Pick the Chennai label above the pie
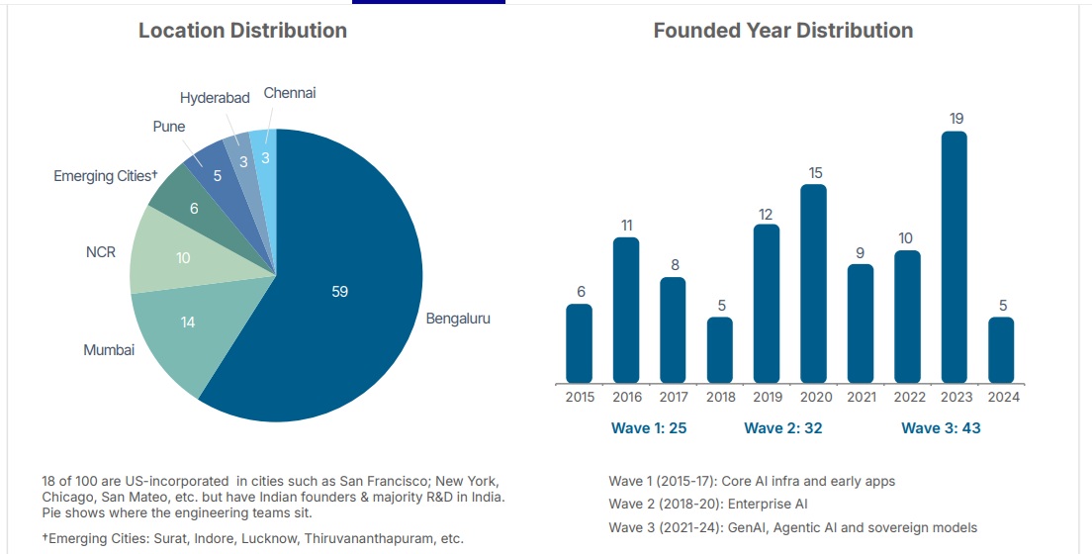click(x=290, y=93)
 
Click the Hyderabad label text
click(x=215, y=98)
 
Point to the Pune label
click(x=168, y=127)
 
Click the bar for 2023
click(x=954, y=257)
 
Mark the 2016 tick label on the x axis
click(x=627, y=397)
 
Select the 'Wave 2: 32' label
click(x=782, y=428)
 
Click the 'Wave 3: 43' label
click(x=941, y=428)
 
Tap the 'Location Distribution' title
click(x=242, y=31)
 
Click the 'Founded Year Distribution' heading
click(x=782, y=31)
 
